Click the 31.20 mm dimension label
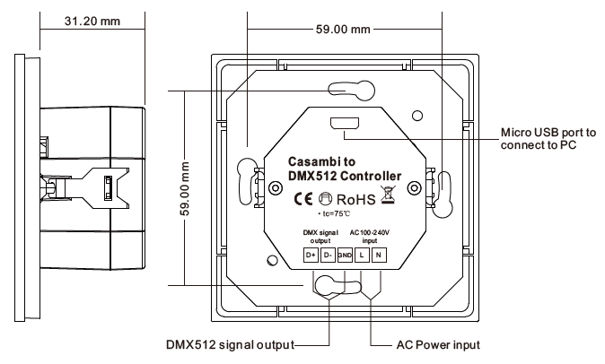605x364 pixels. coord(92,21)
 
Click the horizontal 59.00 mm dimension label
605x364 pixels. coord(343,29)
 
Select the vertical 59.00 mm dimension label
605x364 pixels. coord(185,189)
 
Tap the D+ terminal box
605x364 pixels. coord(311,255)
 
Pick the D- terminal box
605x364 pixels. coord(328,255)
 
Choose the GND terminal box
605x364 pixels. coord(345,255)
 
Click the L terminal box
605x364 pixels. coord(362,255)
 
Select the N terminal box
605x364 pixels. coord(379,255)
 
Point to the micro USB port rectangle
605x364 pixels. coord(345,124)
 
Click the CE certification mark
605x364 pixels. coord(303,199)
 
